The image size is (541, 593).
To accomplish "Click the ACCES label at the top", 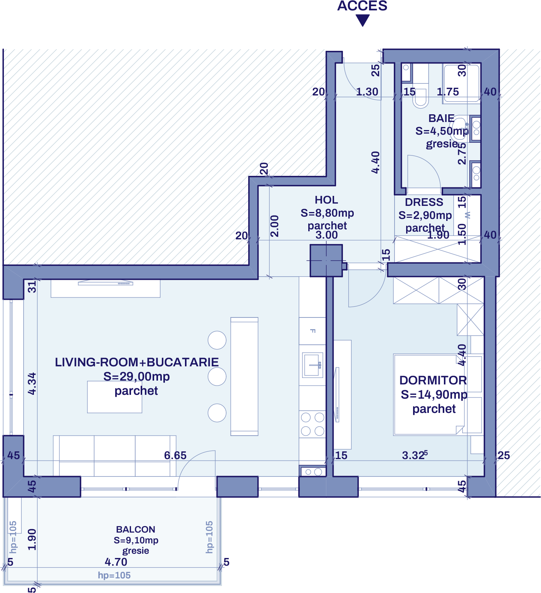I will [362, 6].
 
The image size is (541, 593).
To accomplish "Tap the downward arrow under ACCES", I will [362, 20].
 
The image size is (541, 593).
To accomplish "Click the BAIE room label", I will [441, 118].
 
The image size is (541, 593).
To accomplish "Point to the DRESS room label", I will [424, 202].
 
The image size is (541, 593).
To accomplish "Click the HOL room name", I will [326, 200].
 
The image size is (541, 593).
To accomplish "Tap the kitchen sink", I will [313, 365].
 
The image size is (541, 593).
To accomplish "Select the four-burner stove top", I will [313, 424].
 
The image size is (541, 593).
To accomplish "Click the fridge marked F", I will [313, 331].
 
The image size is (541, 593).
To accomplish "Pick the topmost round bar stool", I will [217, 340].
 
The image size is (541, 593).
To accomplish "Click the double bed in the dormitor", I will [428, 394].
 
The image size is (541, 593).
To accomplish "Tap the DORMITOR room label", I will [433, 380].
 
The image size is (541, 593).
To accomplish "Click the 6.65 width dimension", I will [175, 455].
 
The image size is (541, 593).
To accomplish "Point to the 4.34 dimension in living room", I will [32, 384].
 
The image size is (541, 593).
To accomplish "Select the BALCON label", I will [136, 530].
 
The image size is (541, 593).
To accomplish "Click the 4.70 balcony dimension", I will [116, 562].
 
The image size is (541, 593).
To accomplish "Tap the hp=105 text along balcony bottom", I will [114, 575].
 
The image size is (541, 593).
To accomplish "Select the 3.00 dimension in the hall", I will [326, 235].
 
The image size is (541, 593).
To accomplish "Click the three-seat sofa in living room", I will [114, 456].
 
